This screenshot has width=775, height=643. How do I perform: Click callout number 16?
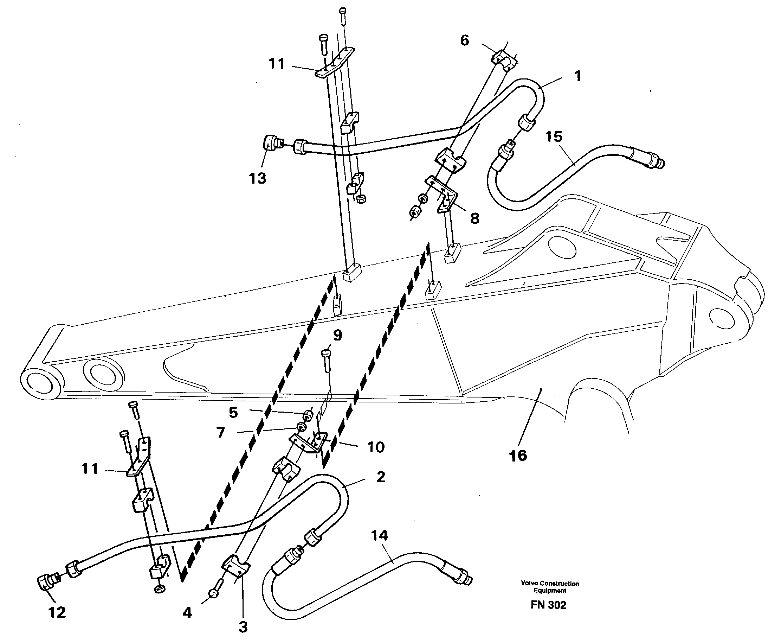pyautogui.click(x=518, y=456)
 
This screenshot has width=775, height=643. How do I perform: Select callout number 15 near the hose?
pyautogui.click(x=554, y=136)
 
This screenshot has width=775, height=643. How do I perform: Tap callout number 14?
pyautogui.click(x=379, y=535)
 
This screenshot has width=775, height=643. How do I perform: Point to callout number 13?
pyautogui.click(x=258, y=178)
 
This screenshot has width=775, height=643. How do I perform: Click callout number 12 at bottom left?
pyautogui.click(x=57, y=612)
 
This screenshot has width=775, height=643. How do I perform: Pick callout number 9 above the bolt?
pyautogui.click(x=337, y=335)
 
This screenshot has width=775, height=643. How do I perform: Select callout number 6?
pyautogui.click(x=465, y=40)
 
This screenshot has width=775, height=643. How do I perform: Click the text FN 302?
pyautogui.click(x=548, y=605)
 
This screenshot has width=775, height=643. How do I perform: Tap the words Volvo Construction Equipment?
pyautogui.click(x=550, y=587)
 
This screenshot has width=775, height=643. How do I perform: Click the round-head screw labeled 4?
pyautogui.click(x=215, y=592)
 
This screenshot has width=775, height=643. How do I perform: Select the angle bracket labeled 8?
pyautogui.click(x=443, y=194)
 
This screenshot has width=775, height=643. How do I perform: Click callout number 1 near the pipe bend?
pyautogui.click(x=578, y=76)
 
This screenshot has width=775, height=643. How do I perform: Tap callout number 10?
pyautogui.click(x=376, y=447)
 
